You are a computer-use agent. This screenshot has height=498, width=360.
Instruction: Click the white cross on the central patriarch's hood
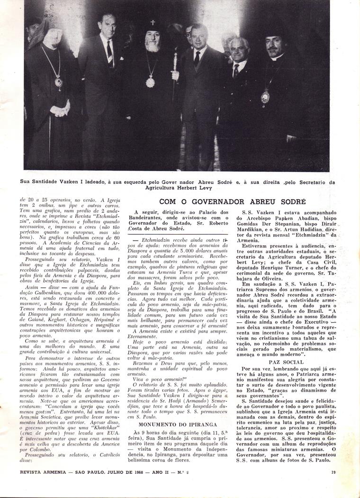[x=153, y=22]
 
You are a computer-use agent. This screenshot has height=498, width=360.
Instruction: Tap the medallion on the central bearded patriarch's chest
[x=150, y=81]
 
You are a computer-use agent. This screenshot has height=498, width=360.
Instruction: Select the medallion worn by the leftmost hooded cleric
[x=59, y=81]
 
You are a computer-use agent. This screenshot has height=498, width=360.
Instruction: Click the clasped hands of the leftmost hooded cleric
[x=60, y=110]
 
